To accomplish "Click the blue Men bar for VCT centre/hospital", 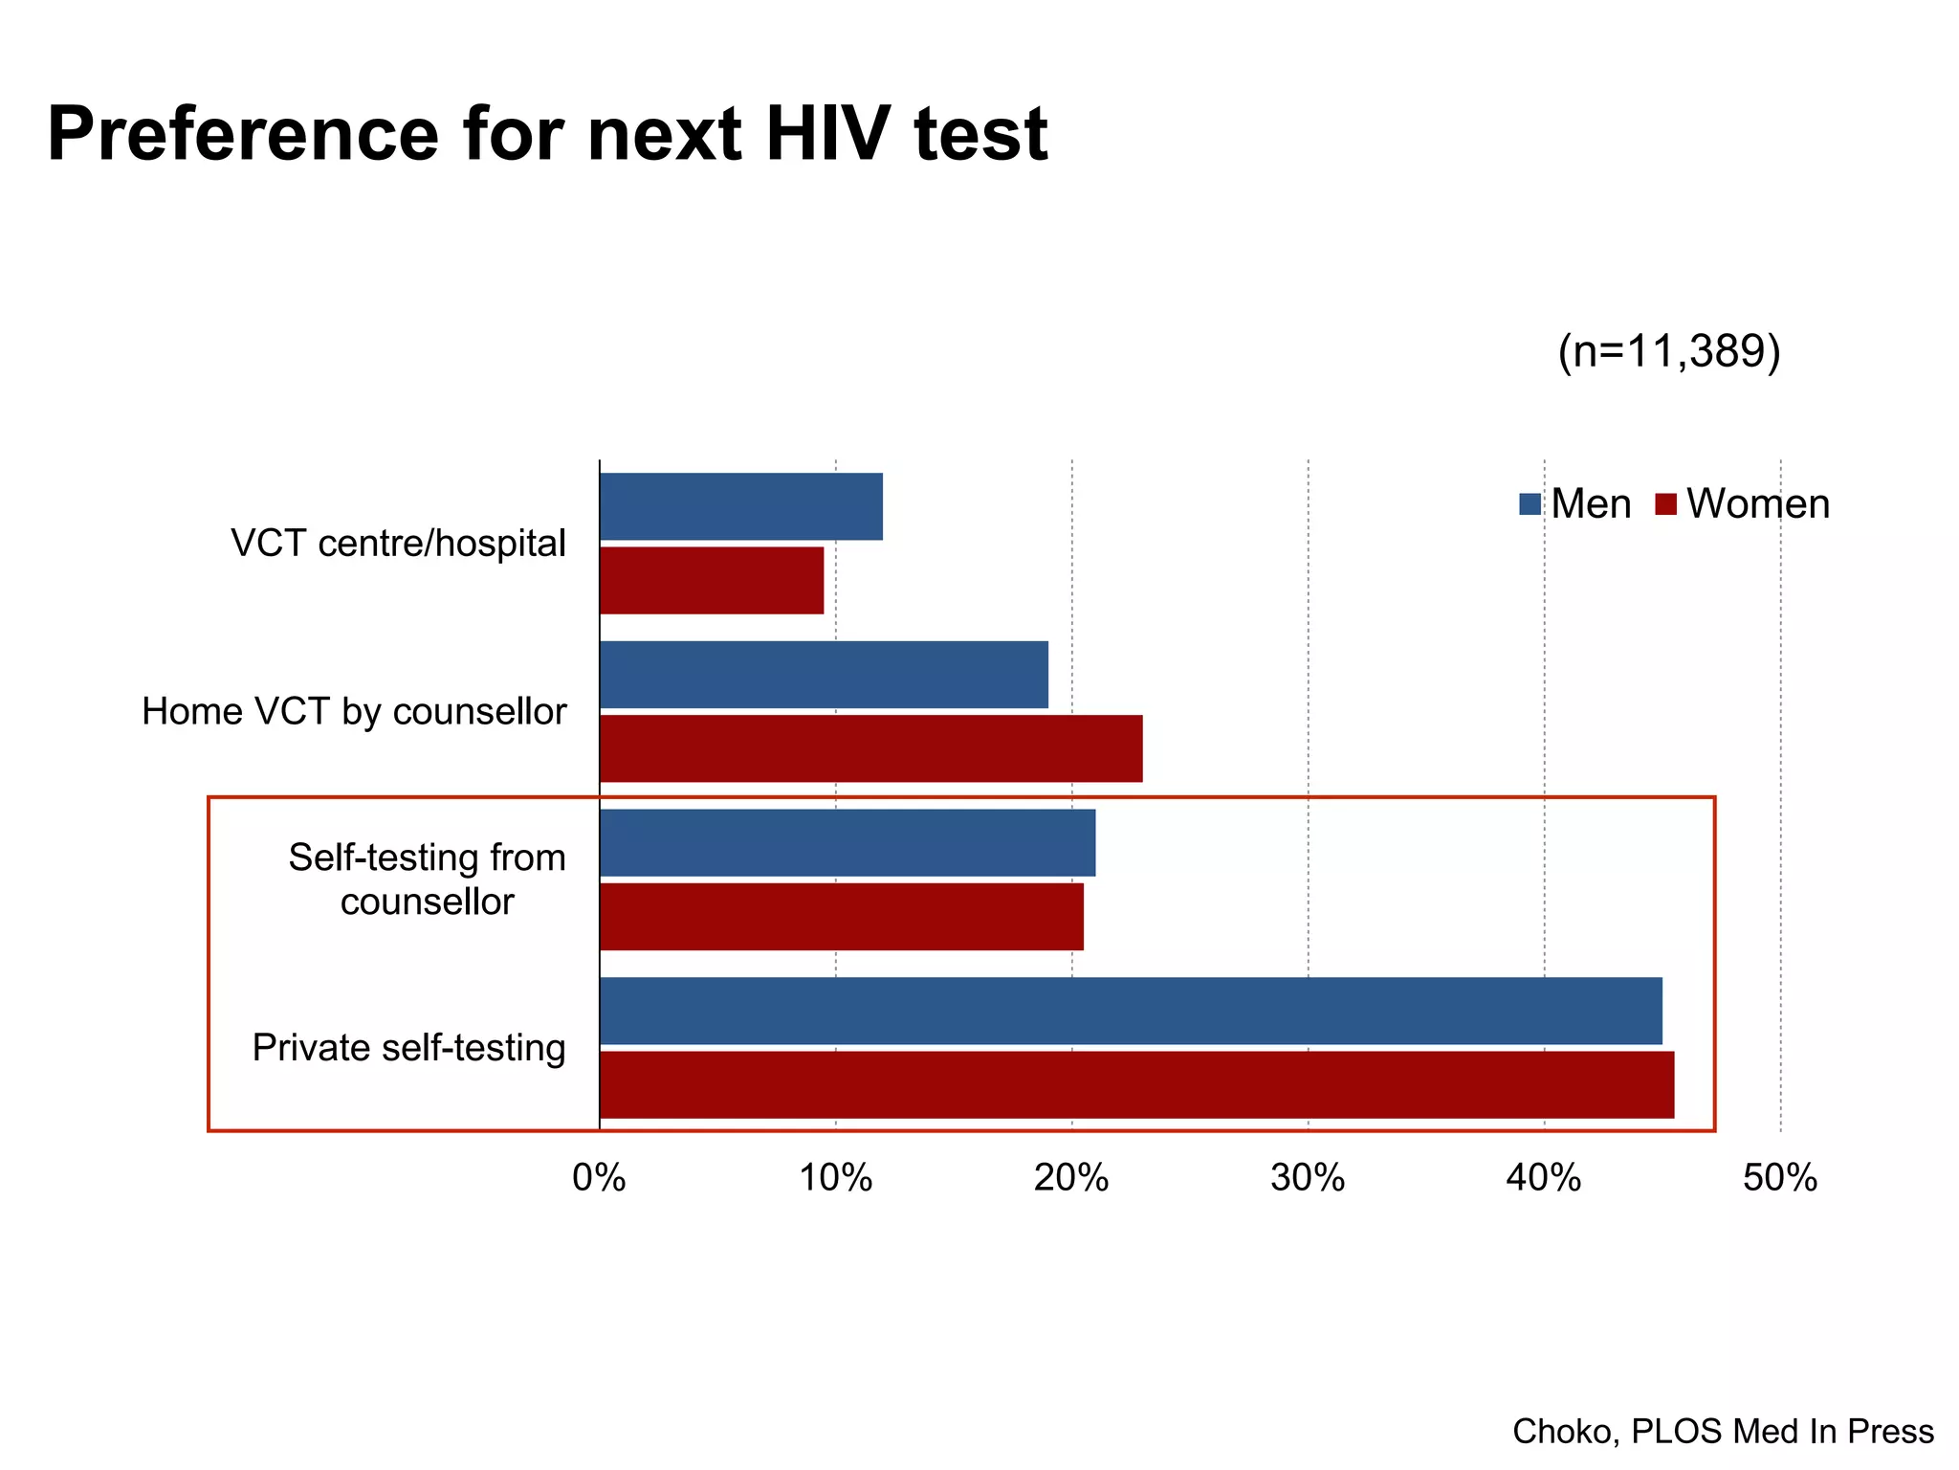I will [740, 506].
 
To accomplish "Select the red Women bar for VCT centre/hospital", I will [712, 580].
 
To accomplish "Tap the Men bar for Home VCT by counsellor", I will [824, 675].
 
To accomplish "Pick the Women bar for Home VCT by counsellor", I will [870, 748].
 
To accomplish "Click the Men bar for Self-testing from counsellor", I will [847, 842].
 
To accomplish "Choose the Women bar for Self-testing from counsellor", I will [842, 916].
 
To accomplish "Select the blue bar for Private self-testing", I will [1131, 1011].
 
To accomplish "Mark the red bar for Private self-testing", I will [1136, 1084].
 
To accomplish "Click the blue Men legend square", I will [1530, 504].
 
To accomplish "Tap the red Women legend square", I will [1665, 504].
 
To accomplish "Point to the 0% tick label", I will [599, 1178].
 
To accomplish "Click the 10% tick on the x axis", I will [835, 1178].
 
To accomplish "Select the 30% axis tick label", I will [1308, 1178].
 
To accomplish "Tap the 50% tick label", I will [1779, 1178].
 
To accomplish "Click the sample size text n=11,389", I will [1669, 351].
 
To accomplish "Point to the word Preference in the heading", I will [243, 134].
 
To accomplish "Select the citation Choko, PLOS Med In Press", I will [1723, 1432].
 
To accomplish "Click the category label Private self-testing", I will [408, 1048].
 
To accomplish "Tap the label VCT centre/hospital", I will [398, 544].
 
